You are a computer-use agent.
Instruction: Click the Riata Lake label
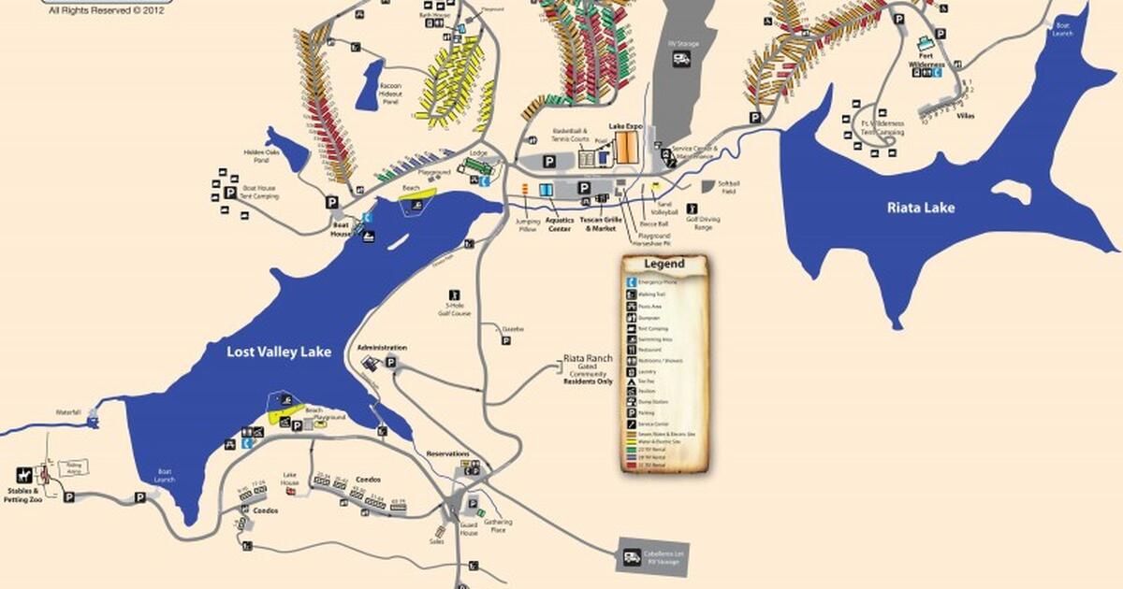click(921, 208)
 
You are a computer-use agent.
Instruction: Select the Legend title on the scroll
click(664, 264)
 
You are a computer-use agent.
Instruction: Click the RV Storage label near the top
click(682, 40)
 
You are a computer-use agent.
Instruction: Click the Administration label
click(382, 347)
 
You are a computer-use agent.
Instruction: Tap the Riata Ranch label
click(587, 357)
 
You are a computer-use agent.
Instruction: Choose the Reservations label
click(447, 453)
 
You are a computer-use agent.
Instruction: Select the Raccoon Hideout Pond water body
click(368, 86)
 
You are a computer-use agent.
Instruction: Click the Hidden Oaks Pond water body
click(285, 150)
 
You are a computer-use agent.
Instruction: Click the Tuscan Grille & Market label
click(598, 224)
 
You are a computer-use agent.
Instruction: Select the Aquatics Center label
click(559, 224)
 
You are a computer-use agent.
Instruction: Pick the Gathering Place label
click(499, 525)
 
